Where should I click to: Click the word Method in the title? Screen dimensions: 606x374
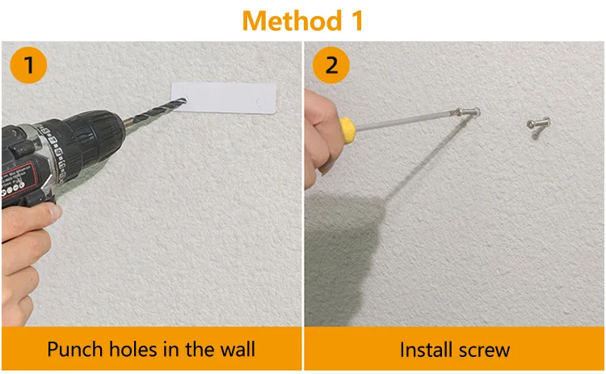(292, 20)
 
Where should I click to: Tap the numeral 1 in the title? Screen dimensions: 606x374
(357, 20)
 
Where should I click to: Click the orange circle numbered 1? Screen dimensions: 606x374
(28, 65)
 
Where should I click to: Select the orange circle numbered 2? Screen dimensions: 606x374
(330, 65)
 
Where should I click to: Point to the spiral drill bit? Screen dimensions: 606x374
(155, 110)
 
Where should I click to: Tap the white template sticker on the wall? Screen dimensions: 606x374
(224, 98)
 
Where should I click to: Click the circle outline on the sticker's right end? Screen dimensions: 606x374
(262, 102)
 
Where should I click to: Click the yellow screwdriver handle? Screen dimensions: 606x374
(347, 130)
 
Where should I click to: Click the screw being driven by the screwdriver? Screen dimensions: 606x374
(469, 113)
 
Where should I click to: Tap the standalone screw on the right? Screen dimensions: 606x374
(538, 123)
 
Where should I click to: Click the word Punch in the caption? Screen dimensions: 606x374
(74, 349)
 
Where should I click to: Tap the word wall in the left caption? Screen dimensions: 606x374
(238, 349)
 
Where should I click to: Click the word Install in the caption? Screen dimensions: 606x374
(425, 350)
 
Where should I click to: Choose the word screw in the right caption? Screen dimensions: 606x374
(483, 350)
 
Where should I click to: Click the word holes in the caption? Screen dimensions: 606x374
(133, 349)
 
